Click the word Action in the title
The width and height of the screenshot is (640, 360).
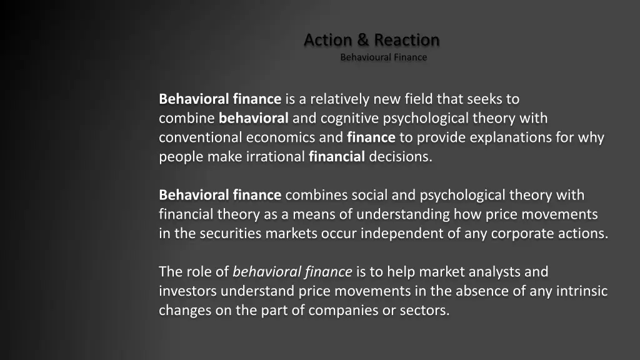(327, 40)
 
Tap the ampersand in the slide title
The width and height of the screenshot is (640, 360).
(363, 40)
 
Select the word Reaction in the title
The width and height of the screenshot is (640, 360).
(407, 40)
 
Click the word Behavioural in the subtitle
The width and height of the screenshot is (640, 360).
(364, 57)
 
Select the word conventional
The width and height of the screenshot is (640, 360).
(201, 137)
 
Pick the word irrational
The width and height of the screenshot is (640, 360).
(276, 157)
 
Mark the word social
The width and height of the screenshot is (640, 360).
(371, 196)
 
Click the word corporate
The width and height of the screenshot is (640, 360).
(522, 234)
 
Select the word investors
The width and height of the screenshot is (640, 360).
(187, 292)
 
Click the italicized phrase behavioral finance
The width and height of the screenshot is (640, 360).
(292, 272)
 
